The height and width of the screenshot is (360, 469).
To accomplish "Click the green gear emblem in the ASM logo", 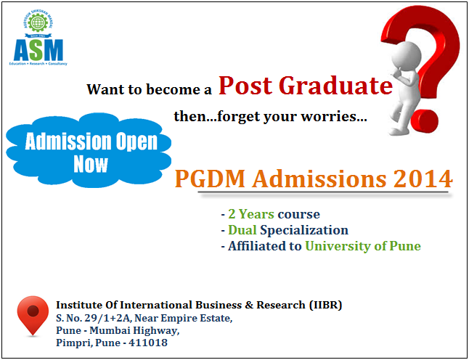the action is click(38, 22).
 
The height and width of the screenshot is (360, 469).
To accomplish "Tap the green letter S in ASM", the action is click(38, 49).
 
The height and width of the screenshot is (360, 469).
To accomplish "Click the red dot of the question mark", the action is click(424, 121).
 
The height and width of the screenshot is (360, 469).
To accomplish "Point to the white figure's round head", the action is click(406, 56).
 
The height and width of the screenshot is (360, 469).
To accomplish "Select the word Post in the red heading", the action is click(245, 86).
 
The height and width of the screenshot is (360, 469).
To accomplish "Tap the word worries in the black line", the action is click(333, 116).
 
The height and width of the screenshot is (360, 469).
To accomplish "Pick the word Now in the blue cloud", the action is click(91, 164).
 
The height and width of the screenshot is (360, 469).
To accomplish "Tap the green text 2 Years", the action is click(251, 214).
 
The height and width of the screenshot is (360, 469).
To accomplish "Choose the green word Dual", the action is click(242, 230).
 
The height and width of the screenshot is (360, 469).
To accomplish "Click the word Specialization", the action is click(304, 231).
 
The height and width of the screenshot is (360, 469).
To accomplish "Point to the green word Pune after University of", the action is click(405, 246).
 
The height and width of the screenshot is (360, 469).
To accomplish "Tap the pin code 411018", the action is click(148, 343).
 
